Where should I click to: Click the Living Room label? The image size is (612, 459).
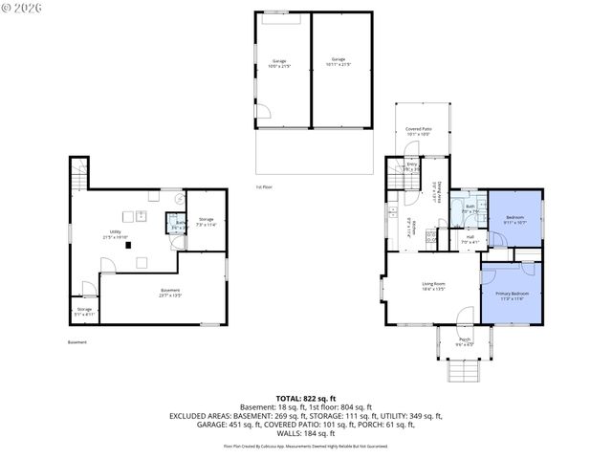click(x=434, y=285)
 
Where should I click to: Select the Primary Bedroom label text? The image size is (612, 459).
click(x=512, y=295)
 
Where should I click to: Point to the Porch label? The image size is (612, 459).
click(x=465, y=340)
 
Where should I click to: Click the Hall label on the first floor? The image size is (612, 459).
click(x=470, y=238)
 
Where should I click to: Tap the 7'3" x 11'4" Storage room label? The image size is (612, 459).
click(x=207, y=222)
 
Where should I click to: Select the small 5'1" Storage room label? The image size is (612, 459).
click(x=84, y=311)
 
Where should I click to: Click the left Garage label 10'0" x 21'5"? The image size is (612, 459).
click(x=279, y=64)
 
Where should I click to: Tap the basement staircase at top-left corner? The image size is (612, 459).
click(x=78, y=175)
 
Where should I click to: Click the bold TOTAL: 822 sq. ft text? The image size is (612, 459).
click(x=306, y=398)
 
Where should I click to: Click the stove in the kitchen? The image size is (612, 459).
click(x=431, y=235)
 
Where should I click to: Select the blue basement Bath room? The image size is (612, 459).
click(x=179, y=226)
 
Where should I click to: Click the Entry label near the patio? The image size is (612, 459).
click(x=411, y=166)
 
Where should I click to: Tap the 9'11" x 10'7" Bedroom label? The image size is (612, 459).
click(x=515, y=220)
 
